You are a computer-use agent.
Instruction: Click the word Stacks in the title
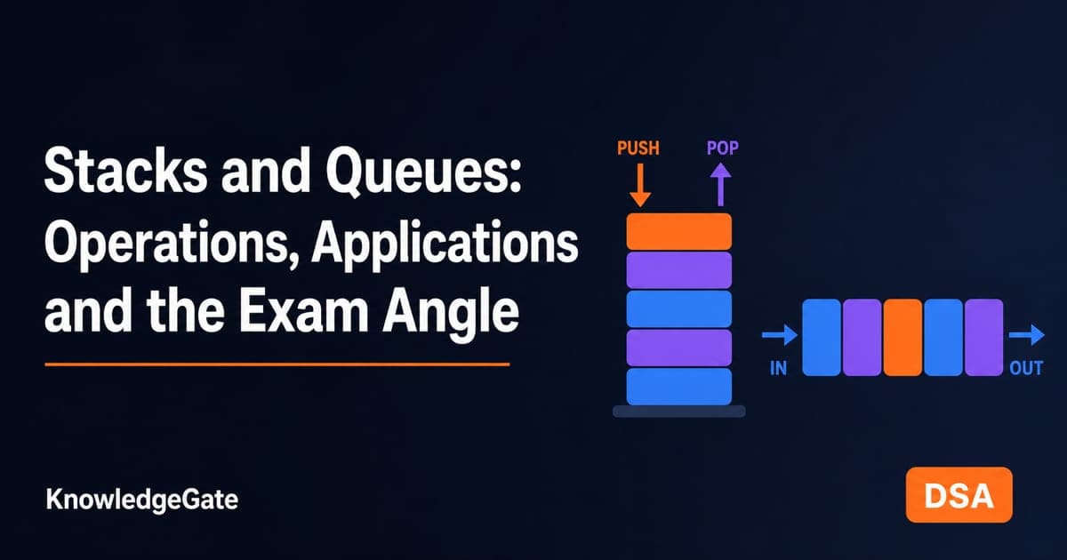(x=125, y=171)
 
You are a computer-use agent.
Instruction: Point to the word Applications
(x=445, y=244)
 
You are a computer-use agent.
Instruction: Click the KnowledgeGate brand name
(x=142, y=500)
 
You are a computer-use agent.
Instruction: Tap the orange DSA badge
(x=959, y=495)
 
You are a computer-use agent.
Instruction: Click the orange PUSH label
(x=638, y=148)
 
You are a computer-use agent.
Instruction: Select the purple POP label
(x=723, y=148)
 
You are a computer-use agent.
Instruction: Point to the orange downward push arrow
(x=640, y=185)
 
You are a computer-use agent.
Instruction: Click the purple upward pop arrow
(x=721, y=185)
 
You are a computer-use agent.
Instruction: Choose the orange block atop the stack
(x=678, y=231)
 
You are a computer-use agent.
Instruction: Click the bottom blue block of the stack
(x=678, y=387)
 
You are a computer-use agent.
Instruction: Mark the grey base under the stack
(x=678, y=412)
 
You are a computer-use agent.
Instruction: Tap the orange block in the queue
(x=903, y=338)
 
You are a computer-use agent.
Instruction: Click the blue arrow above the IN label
(x=780, y=335)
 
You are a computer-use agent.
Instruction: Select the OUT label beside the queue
(x=1026, y=368)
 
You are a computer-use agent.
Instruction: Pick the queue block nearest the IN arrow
(x=822, y=338)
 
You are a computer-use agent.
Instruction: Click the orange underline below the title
(x=277, y=364)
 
